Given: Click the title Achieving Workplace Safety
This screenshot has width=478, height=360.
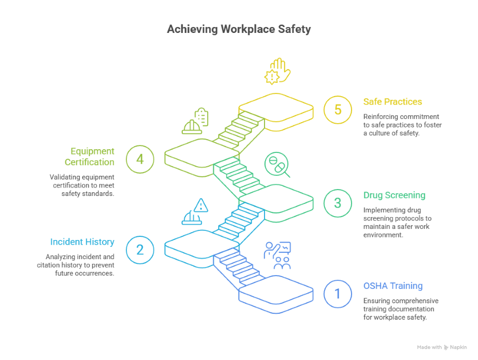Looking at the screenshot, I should [238, 29].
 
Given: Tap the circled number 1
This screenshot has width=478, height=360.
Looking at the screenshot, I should [338, 294].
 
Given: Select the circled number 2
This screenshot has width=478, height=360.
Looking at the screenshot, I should [140, 249].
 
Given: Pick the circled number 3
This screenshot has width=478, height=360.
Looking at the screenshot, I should [338, 203].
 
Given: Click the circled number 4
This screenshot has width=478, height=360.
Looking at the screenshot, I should [140, 159].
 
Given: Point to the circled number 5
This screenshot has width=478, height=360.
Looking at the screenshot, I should [338, 110].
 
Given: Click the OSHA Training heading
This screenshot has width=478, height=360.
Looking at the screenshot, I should [392, 286].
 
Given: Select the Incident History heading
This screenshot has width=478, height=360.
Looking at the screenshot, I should [82, 242].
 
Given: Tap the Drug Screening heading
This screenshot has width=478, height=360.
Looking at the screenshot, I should [394, 195].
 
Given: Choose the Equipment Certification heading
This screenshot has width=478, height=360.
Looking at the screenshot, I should [89, 157].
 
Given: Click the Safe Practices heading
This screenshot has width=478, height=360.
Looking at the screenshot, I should [392, 101].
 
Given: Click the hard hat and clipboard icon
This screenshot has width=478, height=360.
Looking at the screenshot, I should [195, 121].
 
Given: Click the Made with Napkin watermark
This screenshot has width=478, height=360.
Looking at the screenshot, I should [441, 347].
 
